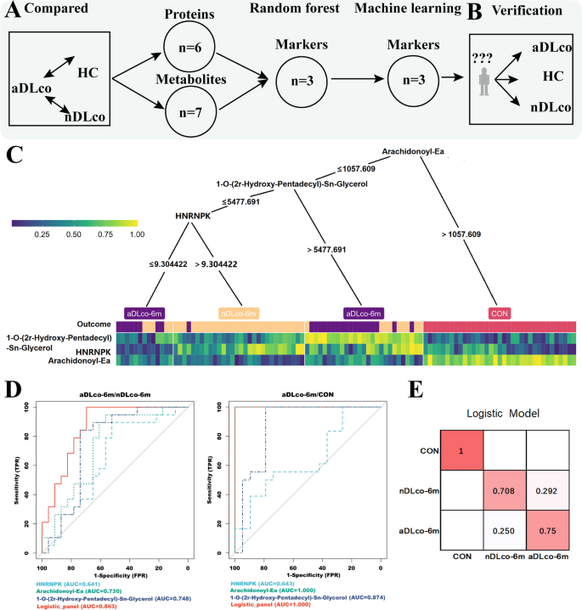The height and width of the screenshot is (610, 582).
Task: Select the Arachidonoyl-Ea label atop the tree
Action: [413, 155]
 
